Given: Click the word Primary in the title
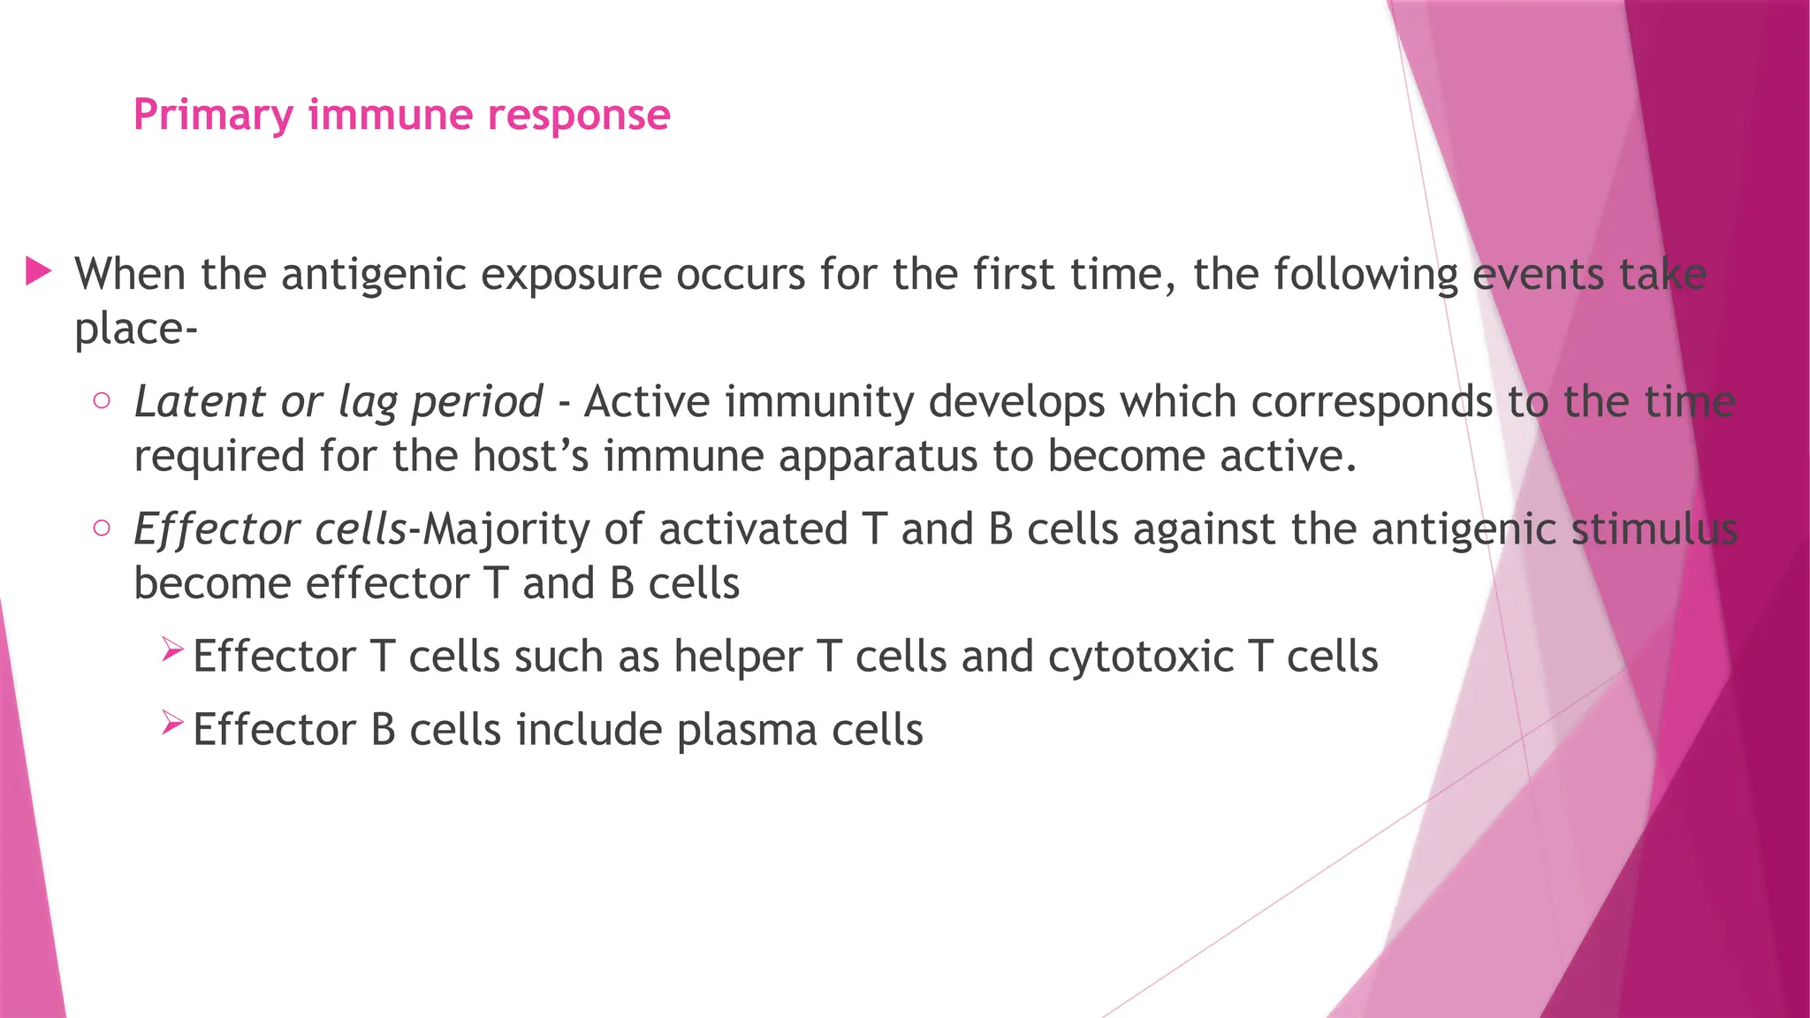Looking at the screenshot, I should (213, 116).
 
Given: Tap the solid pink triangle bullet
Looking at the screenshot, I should (39, 271).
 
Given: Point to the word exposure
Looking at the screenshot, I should (571, 275).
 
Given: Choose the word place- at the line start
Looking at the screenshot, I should (135, 330).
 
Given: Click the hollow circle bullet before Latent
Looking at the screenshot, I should (102, 401).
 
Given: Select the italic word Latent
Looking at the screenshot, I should (199, 402).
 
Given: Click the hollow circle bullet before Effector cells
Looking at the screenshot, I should (102, 528).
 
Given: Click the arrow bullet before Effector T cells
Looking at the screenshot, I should (172, 652).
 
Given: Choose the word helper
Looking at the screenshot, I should (738, 657).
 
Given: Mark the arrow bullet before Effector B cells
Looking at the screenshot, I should (172, 725).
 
